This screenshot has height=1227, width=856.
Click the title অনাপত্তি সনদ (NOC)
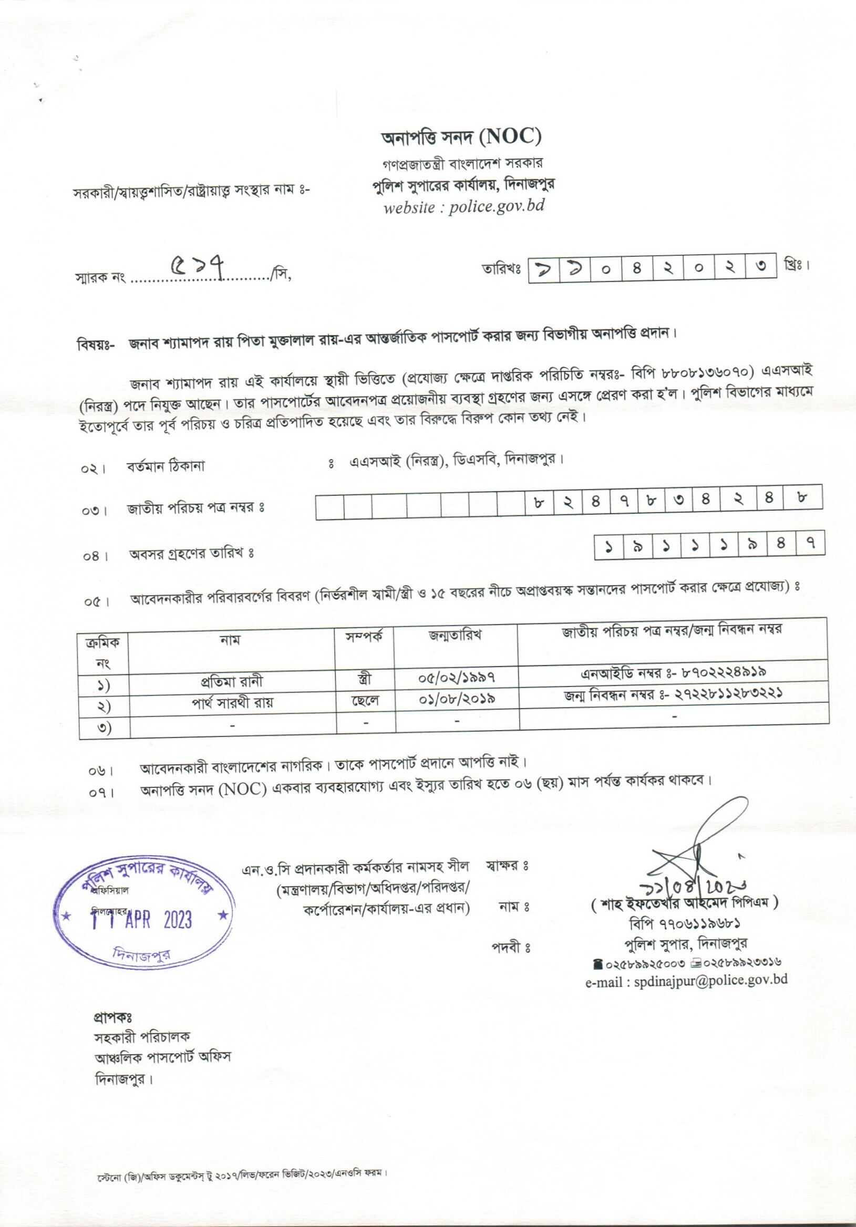point(461,138)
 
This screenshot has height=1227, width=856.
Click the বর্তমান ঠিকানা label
point(166,466)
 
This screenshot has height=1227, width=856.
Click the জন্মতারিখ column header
point(455,636)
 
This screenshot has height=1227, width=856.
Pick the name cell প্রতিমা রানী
point(232,682)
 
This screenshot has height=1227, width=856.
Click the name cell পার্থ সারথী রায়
point(233,702)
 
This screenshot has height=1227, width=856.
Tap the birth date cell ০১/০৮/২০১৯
point(456,699)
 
